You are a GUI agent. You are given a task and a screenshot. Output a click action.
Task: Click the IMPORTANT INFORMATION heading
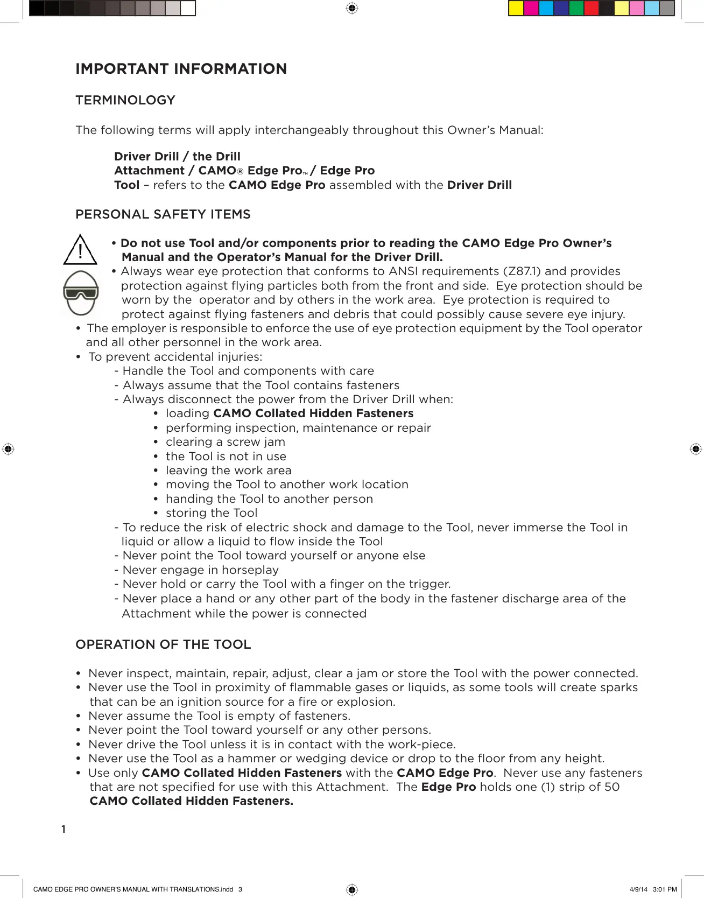click(181, 69)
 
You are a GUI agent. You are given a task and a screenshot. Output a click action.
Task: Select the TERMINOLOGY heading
click(125, 100)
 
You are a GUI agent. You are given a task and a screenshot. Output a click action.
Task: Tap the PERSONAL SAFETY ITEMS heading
click(163, 214)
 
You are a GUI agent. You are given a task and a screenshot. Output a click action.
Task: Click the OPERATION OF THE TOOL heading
click(163, 644)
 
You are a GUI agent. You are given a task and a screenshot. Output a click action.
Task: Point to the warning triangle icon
click(80, 250)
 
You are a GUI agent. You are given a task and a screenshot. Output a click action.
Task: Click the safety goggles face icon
click(81, 293)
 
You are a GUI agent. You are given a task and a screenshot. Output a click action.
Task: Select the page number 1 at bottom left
click(64, 829)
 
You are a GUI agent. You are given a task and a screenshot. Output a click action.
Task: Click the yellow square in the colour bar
click(516, 9)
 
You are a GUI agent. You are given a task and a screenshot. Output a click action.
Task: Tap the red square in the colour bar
click(591, 9)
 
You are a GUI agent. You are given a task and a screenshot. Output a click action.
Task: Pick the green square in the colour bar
click(576, 9)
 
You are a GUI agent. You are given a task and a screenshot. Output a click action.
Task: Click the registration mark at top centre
click(352, 8)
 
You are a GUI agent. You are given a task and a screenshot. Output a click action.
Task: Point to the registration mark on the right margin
click(696, 449)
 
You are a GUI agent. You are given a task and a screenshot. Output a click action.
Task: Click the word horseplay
click(251, 570)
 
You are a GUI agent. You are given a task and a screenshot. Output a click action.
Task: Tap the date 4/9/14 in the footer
click(638, 889)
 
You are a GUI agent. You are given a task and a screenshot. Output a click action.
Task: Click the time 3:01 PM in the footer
click(665, 889)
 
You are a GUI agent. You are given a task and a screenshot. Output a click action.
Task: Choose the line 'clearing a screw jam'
click(225, 442)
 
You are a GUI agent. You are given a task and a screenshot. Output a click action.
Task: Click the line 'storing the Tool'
click(212, 513)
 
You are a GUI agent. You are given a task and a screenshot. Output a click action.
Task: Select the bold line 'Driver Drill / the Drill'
click(177, 157)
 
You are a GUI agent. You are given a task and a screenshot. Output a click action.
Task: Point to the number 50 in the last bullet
click(612, 787)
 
